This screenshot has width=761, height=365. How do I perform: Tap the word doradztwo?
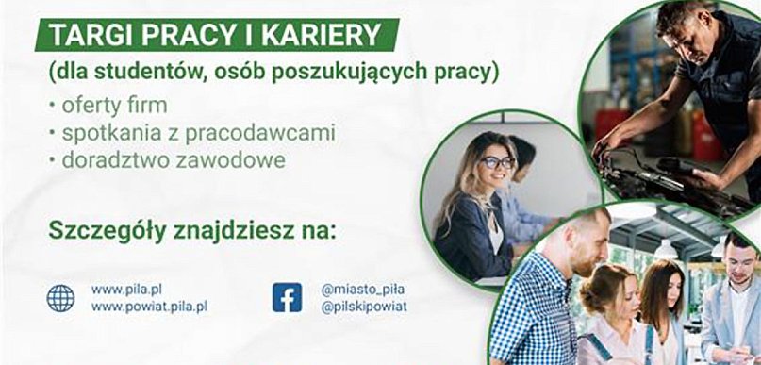[115, 160]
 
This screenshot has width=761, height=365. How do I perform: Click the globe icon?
[60, 298]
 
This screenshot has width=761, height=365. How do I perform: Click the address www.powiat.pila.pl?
[149, 307]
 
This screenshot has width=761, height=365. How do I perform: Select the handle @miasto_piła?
[356, 289]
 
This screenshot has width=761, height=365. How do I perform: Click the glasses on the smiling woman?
[496, 162]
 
